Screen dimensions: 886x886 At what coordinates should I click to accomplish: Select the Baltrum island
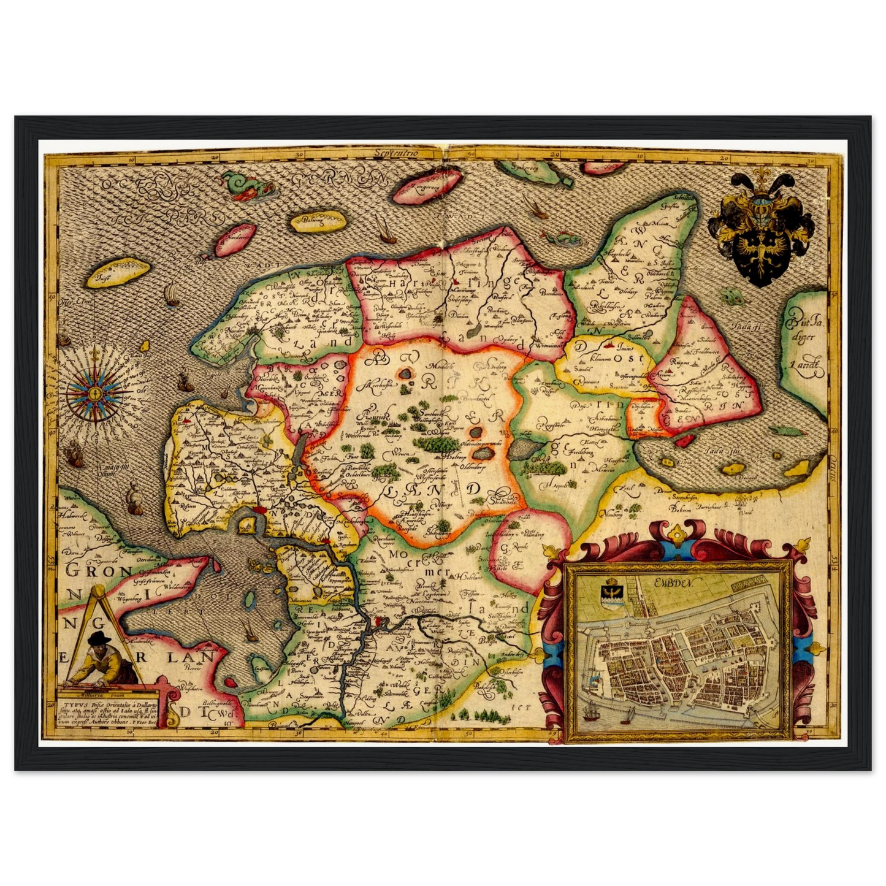(x=315, y=222)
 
